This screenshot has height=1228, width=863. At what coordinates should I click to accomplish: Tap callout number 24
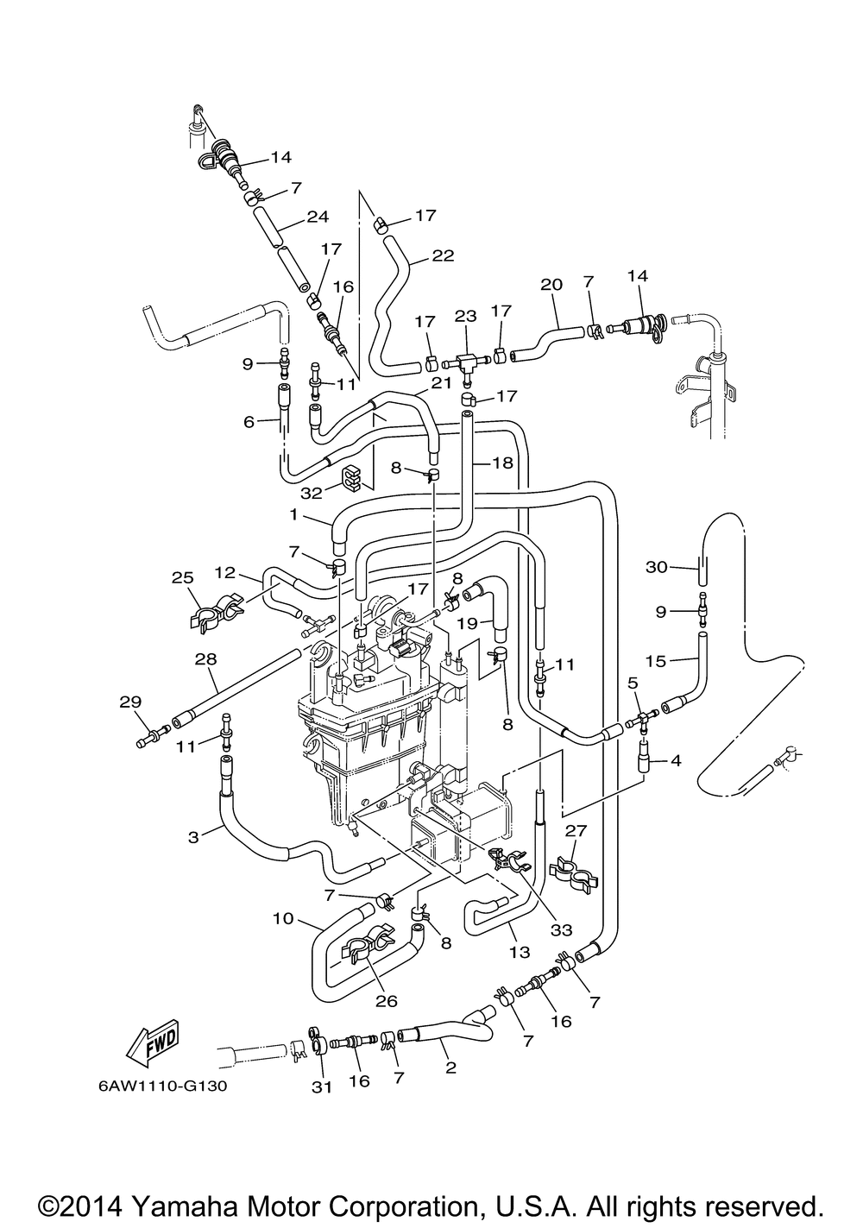coord(318,217)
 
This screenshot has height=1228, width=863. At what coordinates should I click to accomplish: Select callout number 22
coord(443,256)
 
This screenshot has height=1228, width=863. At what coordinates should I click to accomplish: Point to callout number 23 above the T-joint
coord(465,317)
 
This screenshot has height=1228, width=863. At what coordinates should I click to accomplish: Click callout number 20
coord(551,285)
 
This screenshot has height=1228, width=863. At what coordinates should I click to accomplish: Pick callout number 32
coord(312,494)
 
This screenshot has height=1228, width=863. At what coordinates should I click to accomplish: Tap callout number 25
coord(183,578)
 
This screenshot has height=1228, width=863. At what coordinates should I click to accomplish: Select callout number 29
coord(130,702)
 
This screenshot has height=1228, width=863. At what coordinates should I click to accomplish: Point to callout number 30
coord(656,567)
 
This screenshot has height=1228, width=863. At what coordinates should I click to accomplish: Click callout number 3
coord(193,838)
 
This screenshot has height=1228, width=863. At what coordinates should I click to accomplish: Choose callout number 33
coord(562,929)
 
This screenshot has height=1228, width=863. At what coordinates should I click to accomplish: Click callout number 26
coord(386,1000)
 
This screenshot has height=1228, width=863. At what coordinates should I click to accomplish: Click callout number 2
coord(450,1067)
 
